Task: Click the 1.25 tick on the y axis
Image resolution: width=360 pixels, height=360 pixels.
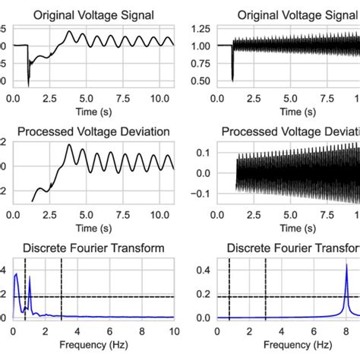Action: pyautogui.click(x=201, y=29)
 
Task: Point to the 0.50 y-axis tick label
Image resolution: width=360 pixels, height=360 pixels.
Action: pyautogui.click(x=201, y=81)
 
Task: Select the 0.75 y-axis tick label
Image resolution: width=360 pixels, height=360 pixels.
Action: pyautogui.click(x=201, y=63)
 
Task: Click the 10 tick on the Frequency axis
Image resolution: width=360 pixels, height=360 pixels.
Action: pyautogui.click(x=174, y=331)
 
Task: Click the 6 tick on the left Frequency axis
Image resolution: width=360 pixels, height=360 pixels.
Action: pyautogui.click(x=109, y=331)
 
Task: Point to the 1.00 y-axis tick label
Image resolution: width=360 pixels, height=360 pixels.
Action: pyautogui.click(x=201, y=46)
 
